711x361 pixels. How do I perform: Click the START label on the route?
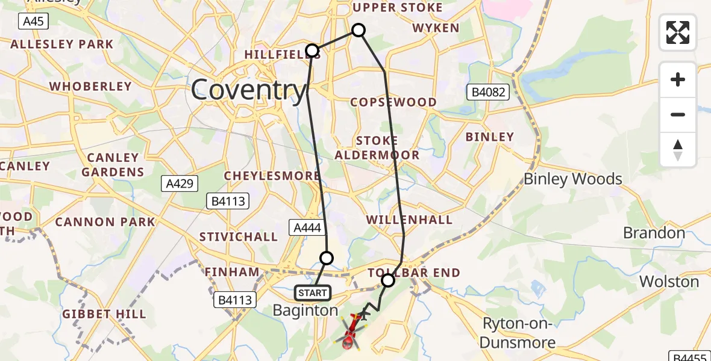313,293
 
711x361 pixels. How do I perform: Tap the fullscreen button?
678,32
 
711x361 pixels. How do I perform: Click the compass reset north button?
678,150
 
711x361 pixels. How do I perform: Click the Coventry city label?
249,91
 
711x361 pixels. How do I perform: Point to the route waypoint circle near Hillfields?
312,50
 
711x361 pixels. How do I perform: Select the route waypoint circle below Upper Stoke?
359,30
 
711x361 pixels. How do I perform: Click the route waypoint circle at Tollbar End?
388,280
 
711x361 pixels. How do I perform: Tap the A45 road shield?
33,22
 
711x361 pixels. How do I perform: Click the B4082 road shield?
489,93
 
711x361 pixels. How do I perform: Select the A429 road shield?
180,183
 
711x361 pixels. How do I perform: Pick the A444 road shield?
307,227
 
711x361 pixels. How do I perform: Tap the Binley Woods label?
572,179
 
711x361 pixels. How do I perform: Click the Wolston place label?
669,282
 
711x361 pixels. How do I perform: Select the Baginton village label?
305,310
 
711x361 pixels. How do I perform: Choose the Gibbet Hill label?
104,314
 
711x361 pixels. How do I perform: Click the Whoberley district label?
90,86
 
